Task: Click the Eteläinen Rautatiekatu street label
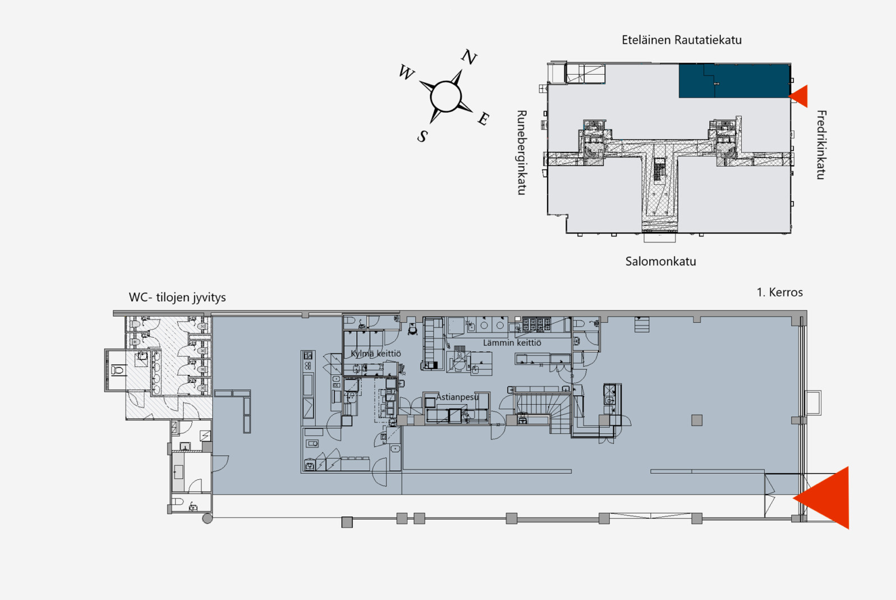tap(682, 40)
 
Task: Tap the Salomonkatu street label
tap(660, 262)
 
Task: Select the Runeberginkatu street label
tap(522, 153)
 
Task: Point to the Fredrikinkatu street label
tap(821, 144)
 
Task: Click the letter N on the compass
tap(469, 57)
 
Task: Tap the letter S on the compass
tap(422, 136)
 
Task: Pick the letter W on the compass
tap(406, 72)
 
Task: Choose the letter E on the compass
tap(484, 118)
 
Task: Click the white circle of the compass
tap(446, 97)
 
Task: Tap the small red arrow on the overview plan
tap(798, 96)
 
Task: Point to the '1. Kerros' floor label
tap(780, 292)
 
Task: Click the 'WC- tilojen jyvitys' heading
tap(177, 297)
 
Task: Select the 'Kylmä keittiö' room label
tap(375, 354)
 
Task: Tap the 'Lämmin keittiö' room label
tap(512, 342)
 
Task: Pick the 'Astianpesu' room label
tap(457, 397)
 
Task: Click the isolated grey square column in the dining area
tap(697, 420)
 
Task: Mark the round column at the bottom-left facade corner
tap(207, 519)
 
